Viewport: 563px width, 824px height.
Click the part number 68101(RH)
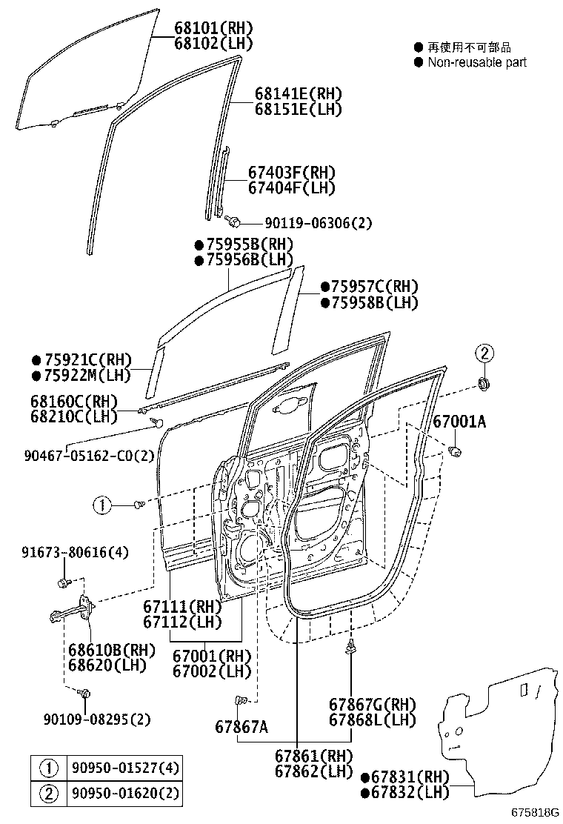pos(213,28)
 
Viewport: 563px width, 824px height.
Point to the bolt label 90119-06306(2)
pos(310,222)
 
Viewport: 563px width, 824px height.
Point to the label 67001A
pos(459,422)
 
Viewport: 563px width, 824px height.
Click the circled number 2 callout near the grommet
pos(483,353)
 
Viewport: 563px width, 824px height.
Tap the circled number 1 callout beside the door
pos(101,505)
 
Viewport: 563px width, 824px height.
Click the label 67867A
pos(241,726)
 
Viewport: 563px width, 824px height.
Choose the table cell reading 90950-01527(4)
pos(125,767)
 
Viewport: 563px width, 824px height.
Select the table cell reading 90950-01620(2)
pos(125,794)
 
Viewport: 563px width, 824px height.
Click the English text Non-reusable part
pos(477,62)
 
